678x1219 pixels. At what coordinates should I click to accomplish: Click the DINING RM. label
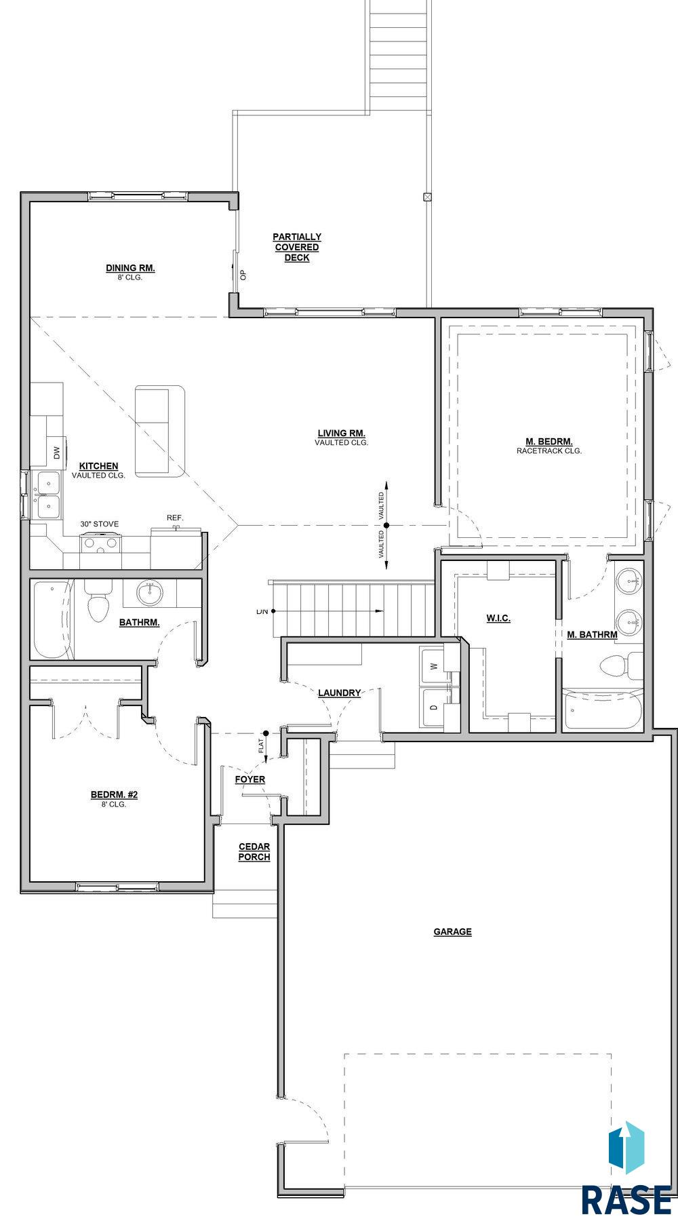tap(130, 268)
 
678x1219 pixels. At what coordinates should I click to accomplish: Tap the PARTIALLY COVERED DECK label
tap(297, 247)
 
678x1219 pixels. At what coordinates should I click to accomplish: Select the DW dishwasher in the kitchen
tap(56, 451)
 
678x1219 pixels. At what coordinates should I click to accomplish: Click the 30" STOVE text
tap(100, 524)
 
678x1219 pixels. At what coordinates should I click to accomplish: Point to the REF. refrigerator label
tap(175, 518)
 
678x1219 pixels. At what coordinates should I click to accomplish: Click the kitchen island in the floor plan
tap(160, 431)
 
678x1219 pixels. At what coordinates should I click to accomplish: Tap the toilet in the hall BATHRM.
tap(98, 600)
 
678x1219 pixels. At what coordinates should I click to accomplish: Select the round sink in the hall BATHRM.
tap(149, 594)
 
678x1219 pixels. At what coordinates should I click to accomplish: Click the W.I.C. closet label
tap(498, 618)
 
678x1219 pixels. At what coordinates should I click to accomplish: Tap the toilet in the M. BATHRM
tap(622, 665)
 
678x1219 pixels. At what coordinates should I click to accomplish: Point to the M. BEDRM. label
tap(549, 440)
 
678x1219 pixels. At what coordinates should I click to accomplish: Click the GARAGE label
tap(453, 931)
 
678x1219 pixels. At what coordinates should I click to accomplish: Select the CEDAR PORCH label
tap(254, 851)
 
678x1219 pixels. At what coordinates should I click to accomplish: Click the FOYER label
tap(250, 779)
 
